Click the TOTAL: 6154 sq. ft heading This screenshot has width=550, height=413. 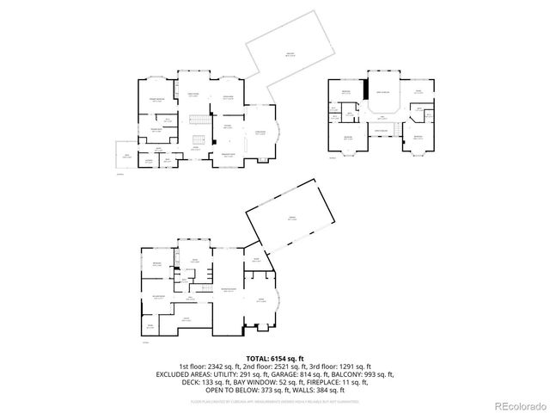coord(274,357)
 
